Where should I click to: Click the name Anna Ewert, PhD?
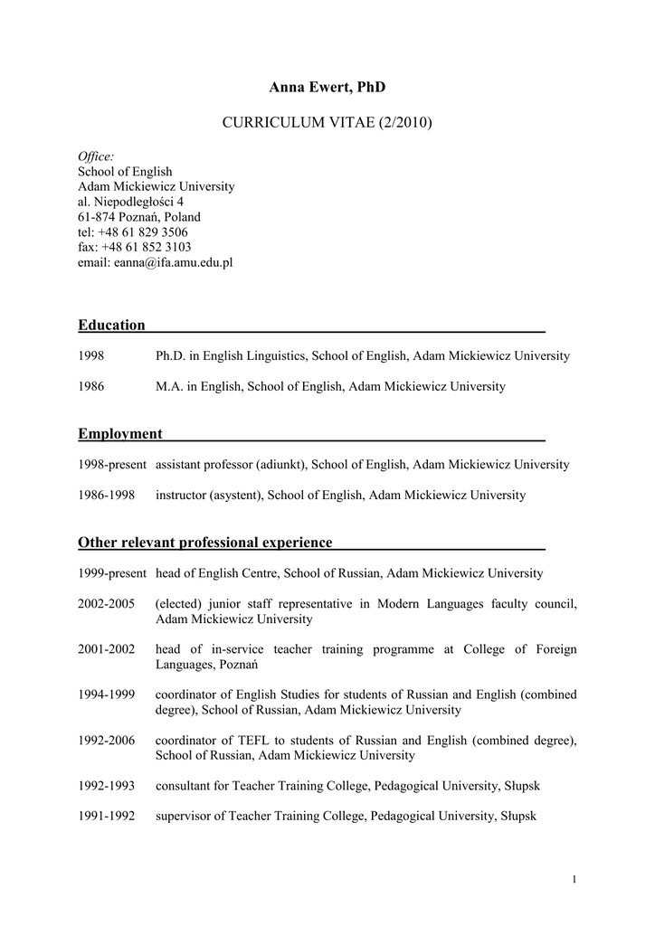pyautogui.click(x=327, y=87)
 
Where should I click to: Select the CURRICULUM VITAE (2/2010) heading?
pyautogui.click(x=327, y=121)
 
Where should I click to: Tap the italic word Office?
pyautogui.click(x=96, y=156)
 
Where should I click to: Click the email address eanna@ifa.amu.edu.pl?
pyautogui.click(x=173, y=262)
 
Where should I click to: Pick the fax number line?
pyautogui.click(x=135, y=247)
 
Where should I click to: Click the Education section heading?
pyautogui.click(x=111, y=325)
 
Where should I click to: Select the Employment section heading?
pyautogui.click(x=120, y=434)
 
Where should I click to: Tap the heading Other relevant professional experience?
pyautogui.click(x=205, y=543)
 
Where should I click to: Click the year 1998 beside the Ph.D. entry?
pyautogui.click(x=91, y=356)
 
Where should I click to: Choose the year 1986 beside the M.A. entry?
pyautogui.click(x=91, y=387)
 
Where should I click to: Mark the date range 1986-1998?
pyautogui.click(x=107, y=496)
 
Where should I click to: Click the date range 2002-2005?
pyautogui.click(x=107, y=604)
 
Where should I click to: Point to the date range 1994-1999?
pyautogui.click(x=107, y=694)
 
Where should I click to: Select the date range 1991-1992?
pyautogui.click(x=107, y=816)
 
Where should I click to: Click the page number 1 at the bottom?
pyautogui.click(x=574, y=880)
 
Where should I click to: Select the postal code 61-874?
pyautogui.click(x=97, y=217)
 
